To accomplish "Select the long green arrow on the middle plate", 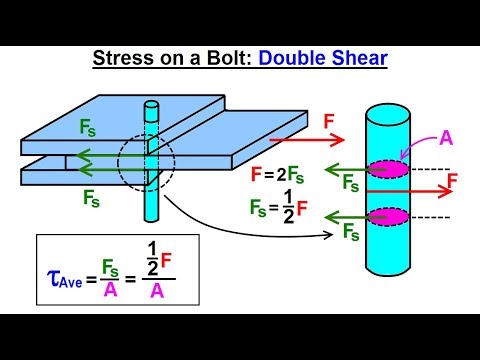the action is pyautogui.click(x=106, y=155).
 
